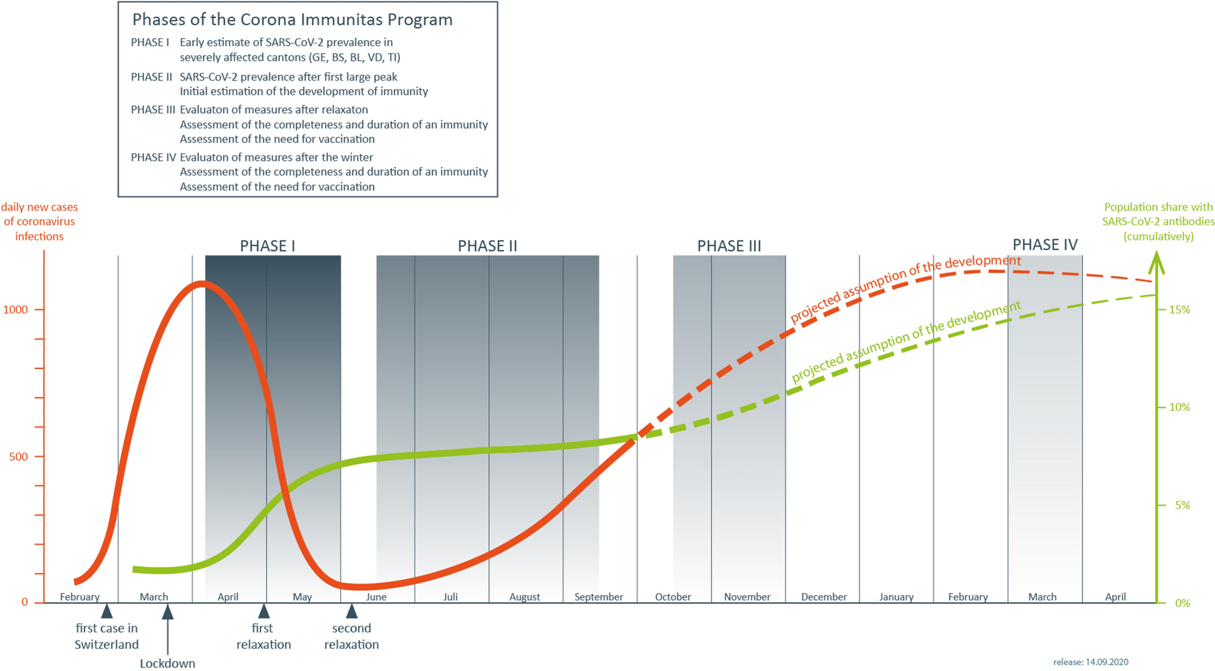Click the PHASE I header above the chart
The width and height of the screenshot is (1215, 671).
(267, 246)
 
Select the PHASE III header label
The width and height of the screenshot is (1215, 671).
(729, 246)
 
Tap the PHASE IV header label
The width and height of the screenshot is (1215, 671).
(1044, 245)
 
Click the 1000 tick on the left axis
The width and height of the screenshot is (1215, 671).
(16, 310)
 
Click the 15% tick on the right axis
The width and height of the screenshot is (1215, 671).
(1179, 310)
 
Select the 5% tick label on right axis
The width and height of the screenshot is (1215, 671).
(1182, 505)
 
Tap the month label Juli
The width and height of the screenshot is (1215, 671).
(450, 597)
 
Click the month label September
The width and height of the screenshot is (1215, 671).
(599, 597)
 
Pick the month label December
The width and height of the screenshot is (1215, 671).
(824, 597)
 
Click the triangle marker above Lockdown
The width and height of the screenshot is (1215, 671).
(168, 612)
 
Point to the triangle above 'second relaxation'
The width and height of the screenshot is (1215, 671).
(352, 611)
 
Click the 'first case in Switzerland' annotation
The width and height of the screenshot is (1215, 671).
(107, 636)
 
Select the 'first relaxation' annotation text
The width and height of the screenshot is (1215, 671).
(263, 636)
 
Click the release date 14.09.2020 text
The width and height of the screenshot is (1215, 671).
(1091, 662)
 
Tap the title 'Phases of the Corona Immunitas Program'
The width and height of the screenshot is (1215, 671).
(292, 20)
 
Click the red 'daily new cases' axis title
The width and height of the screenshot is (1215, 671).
(40, 221)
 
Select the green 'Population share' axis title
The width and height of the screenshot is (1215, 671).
(1158, 221)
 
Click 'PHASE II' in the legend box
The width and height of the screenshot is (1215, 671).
(151, 77)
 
